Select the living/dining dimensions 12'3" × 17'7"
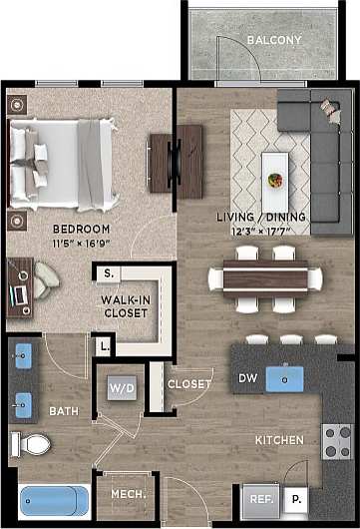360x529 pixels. pos(262,232)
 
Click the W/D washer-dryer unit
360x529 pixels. pos(122,386)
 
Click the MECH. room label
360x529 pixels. pos(128,495)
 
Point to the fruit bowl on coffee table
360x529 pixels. pos(274,181)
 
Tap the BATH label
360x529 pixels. pos(63,410)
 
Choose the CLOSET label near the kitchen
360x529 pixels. pos(188,384)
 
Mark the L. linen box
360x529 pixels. pos(105,347)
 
